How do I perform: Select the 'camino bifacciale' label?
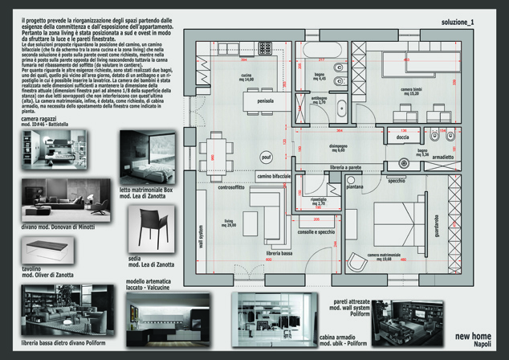pos(273,175)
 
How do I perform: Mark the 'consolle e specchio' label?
pos(315,231)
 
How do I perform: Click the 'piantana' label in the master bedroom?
pos(354,186)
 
